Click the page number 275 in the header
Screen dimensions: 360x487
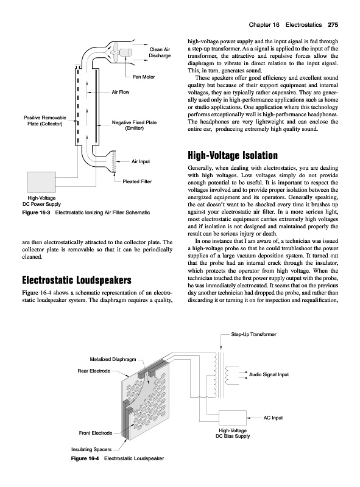pyautogui.click(x=333, y=25)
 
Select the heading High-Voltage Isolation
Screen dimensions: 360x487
pyautogui.click(x=233, y=155)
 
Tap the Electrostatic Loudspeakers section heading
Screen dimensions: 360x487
pyautogui.click(x=77, y=280)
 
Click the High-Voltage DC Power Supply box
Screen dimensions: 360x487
pyautogui.click(x=41, y=182)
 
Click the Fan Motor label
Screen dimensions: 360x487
pyautogui.click(x=144, y=77)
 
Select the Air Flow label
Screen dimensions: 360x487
pyautogui.click(x=121, y=92)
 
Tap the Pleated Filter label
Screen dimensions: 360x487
pyautogui.click(x=137, y=181)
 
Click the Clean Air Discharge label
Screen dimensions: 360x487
pyautogui.click(x=160, y=52)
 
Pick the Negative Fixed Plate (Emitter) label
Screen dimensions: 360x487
pyautogui.click(x=134, y=125)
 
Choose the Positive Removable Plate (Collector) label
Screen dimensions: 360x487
pyautogui.click(x=44, y=121)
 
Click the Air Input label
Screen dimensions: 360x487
pyautogui.click(x=141, y=161)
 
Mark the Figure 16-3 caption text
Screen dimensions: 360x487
pyautogui.click(x=86, y=212)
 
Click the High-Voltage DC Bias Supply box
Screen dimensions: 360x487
pyautogui.click(x=233, y=418)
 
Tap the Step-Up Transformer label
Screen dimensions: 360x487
pyautogui.click(x=253, y=334)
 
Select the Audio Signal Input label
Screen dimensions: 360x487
pyautogui.click(x=269, y=374)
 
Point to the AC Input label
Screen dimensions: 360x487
pyautogui.click(x=274, y=418)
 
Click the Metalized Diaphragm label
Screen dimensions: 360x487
pyautogui.click(x=113, y=359)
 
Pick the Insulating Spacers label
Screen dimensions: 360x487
pyautogui.click(x=91, y=449)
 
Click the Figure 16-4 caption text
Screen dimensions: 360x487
pyautogui.click(x=118, y=458)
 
